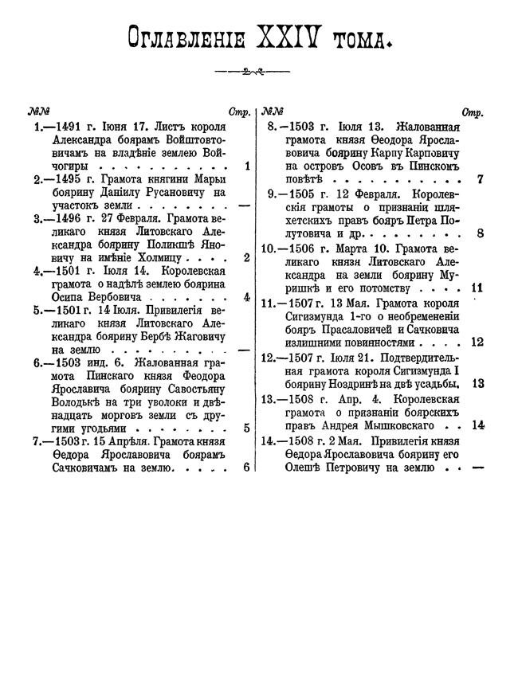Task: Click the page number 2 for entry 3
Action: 247,257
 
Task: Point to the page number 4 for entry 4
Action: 247,297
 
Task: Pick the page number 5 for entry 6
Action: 247,427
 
